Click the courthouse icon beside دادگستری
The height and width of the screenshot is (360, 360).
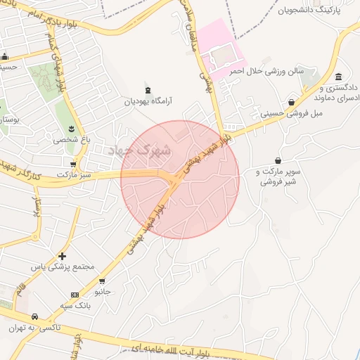pyautogui.click(x=338, y=77)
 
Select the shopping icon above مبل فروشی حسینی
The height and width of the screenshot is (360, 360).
pyautogui.click(x=291, y=102)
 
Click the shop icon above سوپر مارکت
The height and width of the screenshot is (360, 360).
pyautogui.click(x=278, y=160)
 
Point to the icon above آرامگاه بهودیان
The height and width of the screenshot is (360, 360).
pyautogui.click(x=147, y=90)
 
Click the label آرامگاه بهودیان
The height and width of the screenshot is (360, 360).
pyautogui.click(x=148, y=101)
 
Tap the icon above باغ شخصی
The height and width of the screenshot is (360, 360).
pyautogui.click(x=72, y=128)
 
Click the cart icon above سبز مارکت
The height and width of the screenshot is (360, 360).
pyautogui.click(x=73, y=164)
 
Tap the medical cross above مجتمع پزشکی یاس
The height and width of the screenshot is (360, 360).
pyautogui.click(x=63, y=256)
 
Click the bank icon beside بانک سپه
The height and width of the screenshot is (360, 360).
pyautogui.click(x=75, y=294)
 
